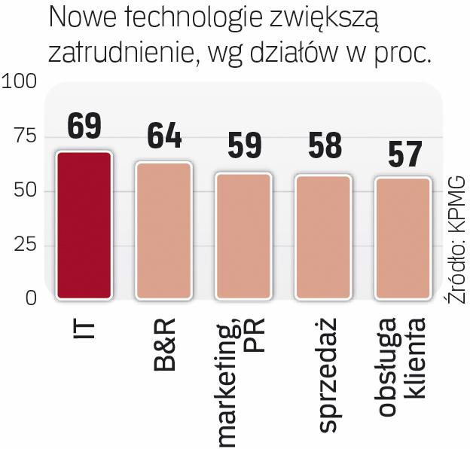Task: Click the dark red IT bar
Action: coord(84,225)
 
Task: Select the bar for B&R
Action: coord(163,230)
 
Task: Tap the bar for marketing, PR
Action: coord(244,235)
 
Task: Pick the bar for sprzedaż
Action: coord(324,237)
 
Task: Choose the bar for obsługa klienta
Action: coord(404,237)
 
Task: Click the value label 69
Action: coord(84,126)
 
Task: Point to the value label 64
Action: coord(164,136)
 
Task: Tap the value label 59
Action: coord(244,147)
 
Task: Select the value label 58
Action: coord(324,148)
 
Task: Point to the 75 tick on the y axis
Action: coord(24,136)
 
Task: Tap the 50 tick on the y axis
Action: coord(24,191)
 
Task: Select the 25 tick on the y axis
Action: coord(24,245)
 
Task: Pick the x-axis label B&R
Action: coord(163,345)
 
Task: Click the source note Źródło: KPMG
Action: coord(454,241)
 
